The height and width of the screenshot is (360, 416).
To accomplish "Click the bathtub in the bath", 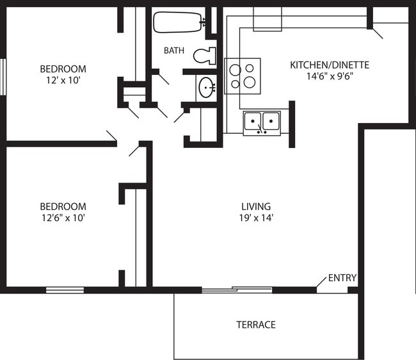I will click(x=178, y=22).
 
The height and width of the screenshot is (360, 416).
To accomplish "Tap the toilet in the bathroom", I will click(x=205, y=56).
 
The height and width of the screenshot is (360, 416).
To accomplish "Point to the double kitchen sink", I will click(x=262, y=122).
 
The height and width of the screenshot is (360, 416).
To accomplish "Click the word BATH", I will click(x=174, y=50).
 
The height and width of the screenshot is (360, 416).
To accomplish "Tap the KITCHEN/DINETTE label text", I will click(x=330, y=65).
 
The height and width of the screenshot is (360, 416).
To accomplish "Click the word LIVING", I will click(x=255, y=206).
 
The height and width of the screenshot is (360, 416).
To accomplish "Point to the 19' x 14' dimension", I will click(x=255, y=218).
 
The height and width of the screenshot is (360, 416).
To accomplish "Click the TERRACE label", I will click(x=255, y=325).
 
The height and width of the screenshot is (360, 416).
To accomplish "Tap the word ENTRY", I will click(x=342, y=278).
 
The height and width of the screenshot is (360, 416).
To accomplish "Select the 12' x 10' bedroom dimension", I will click(x=63, y=80).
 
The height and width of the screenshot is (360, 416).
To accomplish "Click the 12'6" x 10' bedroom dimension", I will click(x=63, y=218).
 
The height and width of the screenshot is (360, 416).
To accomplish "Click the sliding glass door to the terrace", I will click(x=237, y=290).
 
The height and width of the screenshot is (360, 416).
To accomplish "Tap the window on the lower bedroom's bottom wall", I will click(x=65, y=290).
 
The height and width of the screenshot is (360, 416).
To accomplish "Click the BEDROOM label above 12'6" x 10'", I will click(x=63, y=206).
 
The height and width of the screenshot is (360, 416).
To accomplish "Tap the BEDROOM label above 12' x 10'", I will click(x=63, y=69).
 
